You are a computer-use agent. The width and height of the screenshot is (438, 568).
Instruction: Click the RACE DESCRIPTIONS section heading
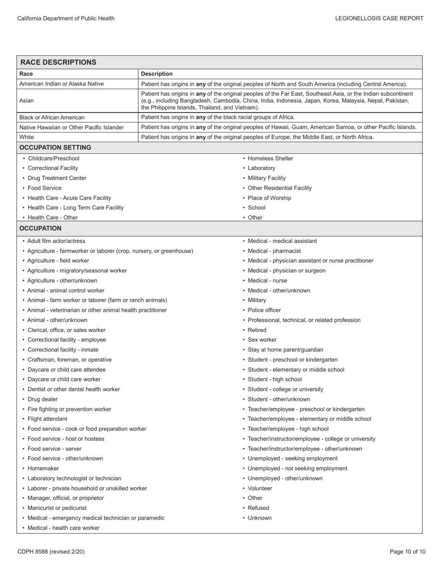pos(58,62)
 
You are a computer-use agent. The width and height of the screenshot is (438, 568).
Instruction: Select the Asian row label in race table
pos(27,100)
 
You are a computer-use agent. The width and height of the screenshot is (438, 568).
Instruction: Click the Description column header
pos(157,74)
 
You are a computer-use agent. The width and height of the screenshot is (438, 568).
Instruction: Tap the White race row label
pos(27,137)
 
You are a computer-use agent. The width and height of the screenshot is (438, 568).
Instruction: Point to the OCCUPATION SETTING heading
pos(55,148)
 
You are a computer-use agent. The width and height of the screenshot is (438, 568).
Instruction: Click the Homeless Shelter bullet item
pos(270,158)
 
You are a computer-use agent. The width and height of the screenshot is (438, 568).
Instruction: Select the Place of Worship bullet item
pos(269,198)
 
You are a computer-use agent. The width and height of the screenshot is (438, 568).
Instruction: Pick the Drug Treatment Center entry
pos(57,178)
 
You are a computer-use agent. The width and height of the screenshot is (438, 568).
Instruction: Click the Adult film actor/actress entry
pos(56,241)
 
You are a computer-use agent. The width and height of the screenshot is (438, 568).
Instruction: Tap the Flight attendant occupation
pos(47,419)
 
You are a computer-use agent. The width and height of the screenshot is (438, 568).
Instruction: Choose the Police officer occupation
pos(264,310)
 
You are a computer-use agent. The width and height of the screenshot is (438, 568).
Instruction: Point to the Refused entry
pos(258,508)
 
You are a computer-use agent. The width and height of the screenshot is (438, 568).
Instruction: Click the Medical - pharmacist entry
pos(274,251)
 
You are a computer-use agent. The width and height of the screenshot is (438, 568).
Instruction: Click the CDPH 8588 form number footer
pos(51,552)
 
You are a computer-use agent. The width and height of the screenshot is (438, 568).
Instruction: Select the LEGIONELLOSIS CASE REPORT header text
pos(379,18)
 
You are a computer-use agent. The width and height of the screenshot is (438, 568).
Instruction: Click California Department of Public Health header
pos(66,18)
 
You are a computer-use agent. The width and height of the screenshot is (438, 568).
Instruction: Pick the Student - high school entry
pos(275,380)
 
